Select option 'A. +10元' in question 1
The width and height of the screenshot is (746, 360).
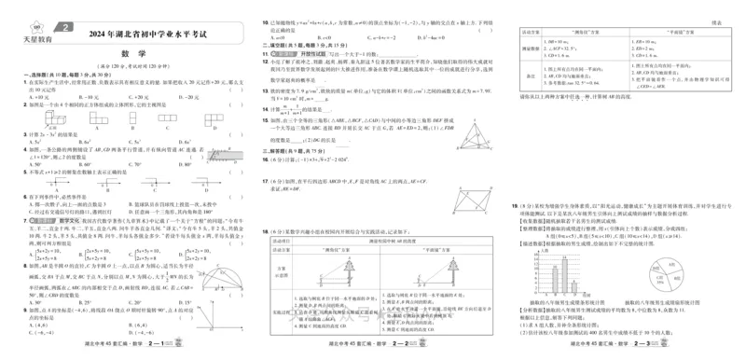(x=41, y=96)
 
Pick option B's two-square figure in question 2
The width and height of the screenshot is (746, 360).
(x=97, y=118)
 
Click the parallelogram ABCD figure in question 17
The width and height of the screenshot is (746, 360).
(x=475, y=195)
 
